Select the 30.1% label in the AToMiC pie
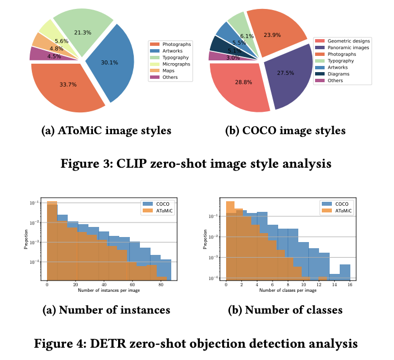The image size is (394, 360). click(109, 63)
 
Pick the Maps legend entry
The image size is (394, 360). click(168, 70)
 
